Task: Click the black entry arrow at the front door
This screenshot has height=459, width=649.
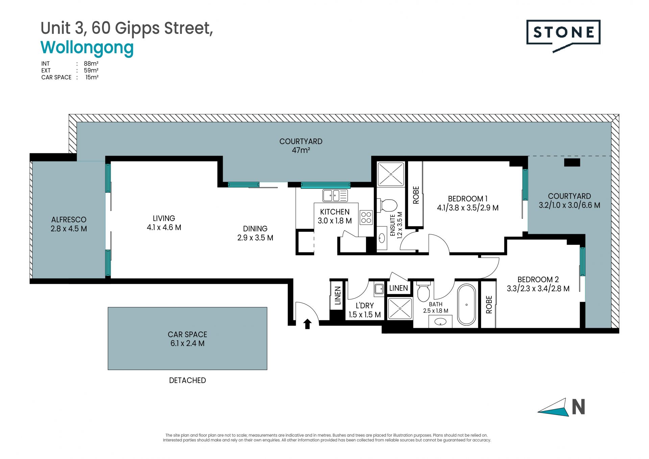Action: point(307,324)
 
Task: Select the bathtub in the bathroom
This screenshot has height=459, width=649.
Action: point(466,304)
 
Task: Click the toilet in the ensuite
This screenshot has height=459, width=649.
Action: point(388,205)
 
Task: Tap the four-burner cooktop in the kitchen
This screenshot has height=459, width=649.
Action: point(366,217)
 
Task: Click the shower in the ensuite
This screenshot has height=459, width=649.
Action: point(391,174)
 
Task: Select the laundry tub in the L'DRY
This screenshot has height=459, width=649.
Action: point(379,289)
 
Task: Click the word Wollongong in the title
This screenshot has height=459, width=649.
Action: point(87,48)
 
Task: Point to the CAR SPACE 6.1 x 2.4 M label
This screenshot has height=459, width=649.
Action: point(187,339)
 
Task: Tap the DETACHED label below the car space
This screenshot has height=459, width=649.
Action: point(187,380)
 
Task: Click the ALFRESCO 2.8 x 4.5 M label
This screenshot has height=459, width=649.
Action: point(69,224)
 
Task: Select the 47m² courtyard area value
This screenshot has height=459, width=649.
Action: point(301,150)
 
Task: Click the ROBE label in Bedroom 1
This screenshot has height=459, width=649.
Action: point(416,195)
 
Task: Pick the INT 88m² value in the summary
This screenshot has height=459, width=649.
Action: point(91,64)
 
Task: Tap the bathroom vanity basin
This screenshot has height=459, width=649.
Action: point(440,321)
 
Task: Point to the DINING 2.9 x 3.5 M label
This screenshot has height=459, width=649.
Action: point(255,233)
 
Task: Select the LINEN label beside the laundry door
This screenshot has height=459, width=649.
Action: point(338,295)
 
